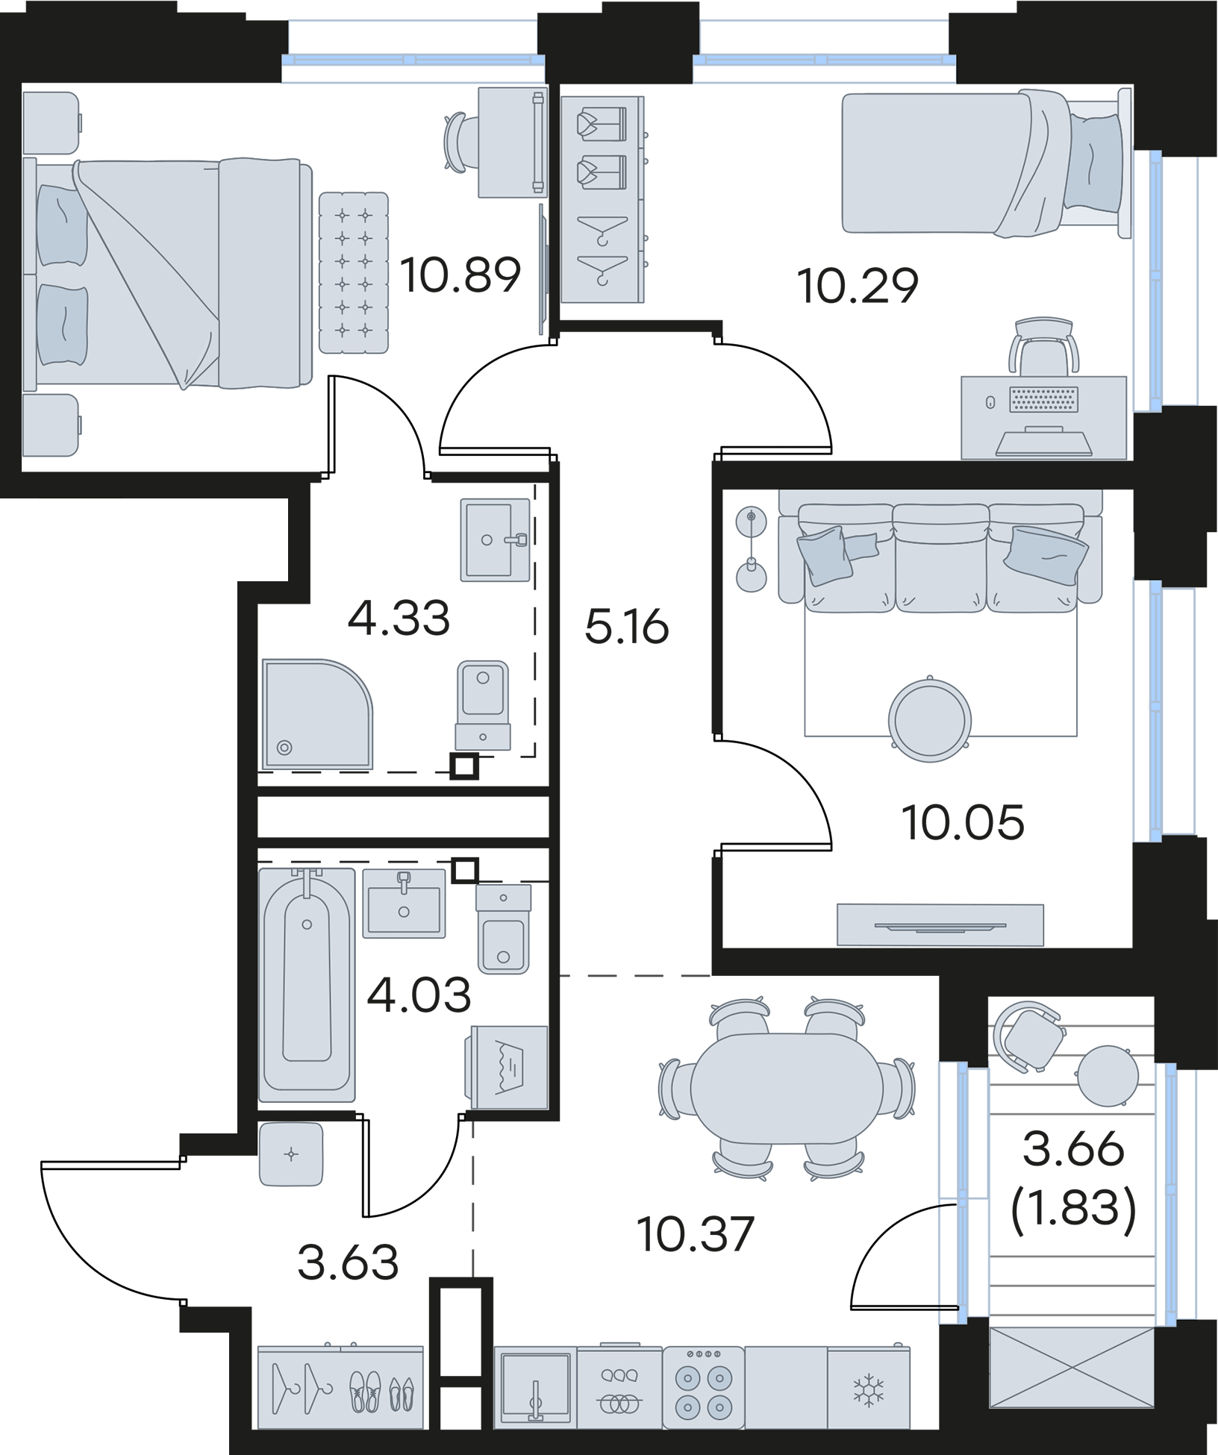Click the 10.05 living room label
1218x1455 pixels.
962,822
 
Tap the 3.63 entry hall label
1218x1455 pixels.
347,1261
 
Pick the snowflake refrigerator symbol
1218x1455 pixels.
868,1389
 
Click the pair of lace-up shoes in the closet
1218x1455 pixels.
368,1389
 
